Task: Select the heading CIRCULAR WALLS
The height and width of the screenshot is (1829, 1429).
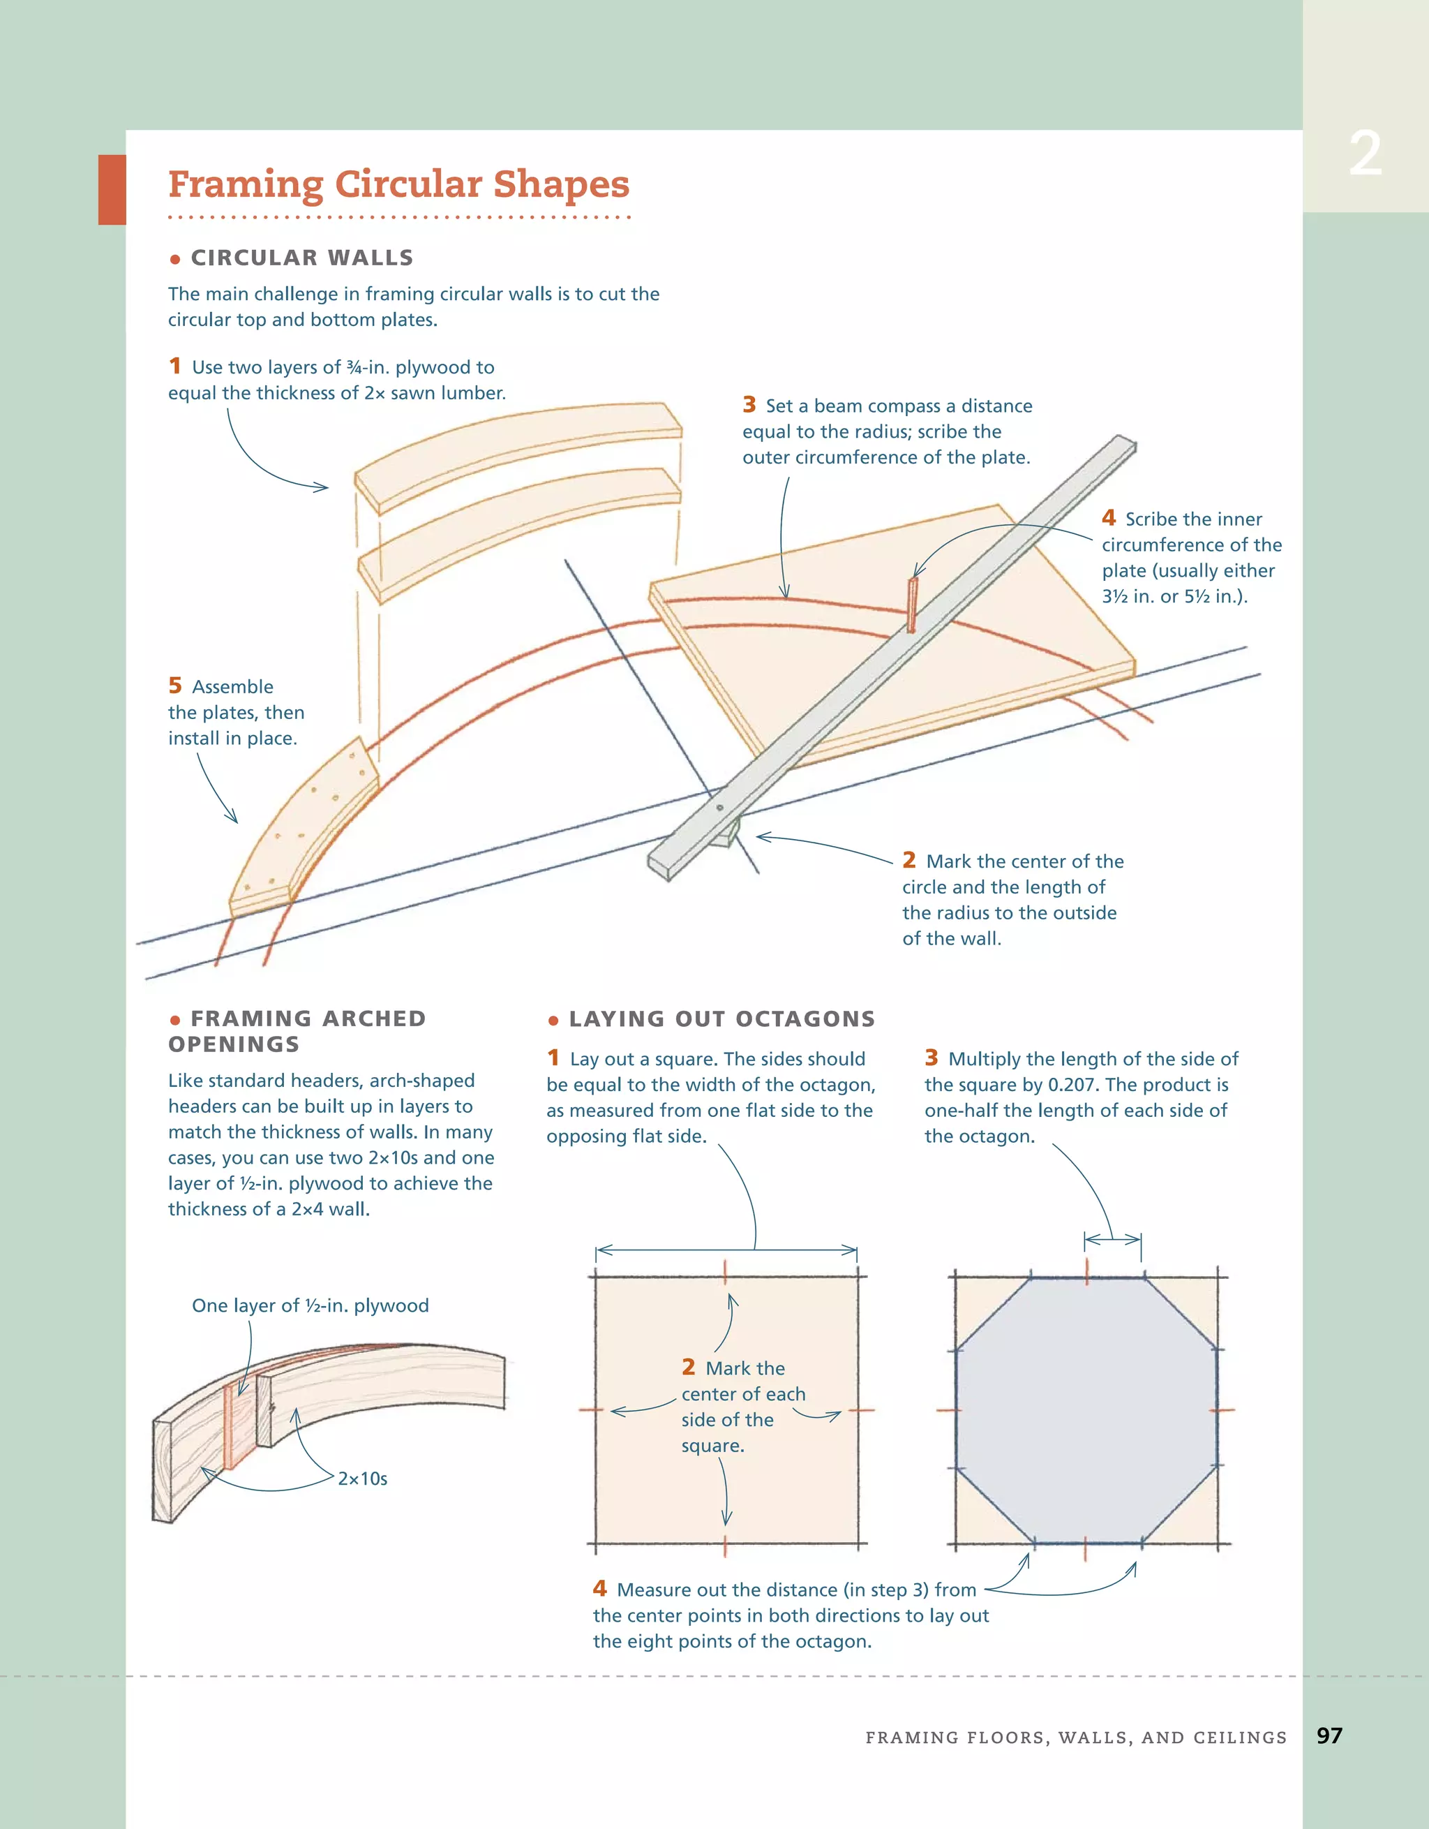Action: click(301, 257)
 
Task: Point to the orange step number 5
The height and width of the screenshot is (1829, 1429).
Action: click(175, 685)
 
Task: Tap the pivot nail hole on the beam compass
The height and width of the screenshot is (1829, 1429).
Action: click(720, 808)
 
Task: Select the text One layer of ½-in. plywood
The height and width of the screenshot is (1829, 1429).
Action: click(310, 1305)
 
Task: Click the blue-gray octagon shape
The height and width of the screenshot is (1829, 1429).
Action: click(1086, 1410)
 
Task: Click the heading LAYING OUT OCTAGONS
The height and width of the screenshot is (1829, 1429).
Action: click(721, 1019)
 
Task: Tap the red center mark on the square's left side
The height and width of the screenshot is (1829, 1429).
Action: click(591, 1410)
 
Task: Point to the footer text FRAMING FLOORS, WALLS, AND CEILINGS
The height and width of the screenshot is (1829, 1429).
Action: click(1076, 1737)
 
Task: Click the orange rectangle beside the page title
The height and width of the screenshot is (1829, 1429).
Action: click(112, 189)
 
